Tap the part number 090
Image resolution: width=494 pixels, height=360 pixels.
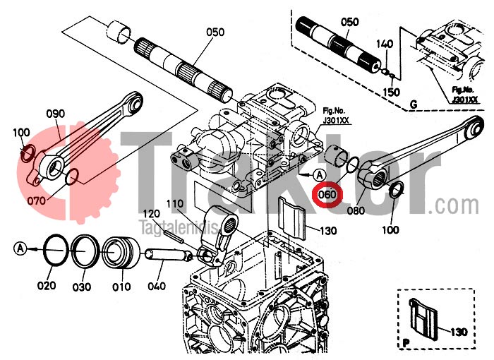coord(55,113)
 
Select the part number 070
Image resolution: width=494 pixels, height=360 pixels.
coord(37,200)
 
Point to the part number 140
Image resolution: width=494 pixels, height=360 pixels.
coord(385,44)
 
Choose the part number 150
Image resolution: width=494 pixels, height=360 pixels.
coord(391,92)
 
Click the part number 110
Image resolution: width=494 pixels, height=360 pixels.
coord(175,203)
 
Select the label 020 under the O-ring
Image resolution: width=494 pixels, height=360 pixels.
coord(47,286)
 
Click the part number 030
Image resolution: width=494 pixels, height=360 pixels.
coord(83,286)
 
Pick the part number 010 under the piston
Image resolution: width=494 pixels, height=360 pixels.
coord(121,286)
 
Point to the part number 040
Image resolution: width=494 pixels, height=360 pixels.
coord(157,286)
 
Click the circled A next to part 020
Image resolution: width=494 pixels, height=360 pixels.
coord(20,248)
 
